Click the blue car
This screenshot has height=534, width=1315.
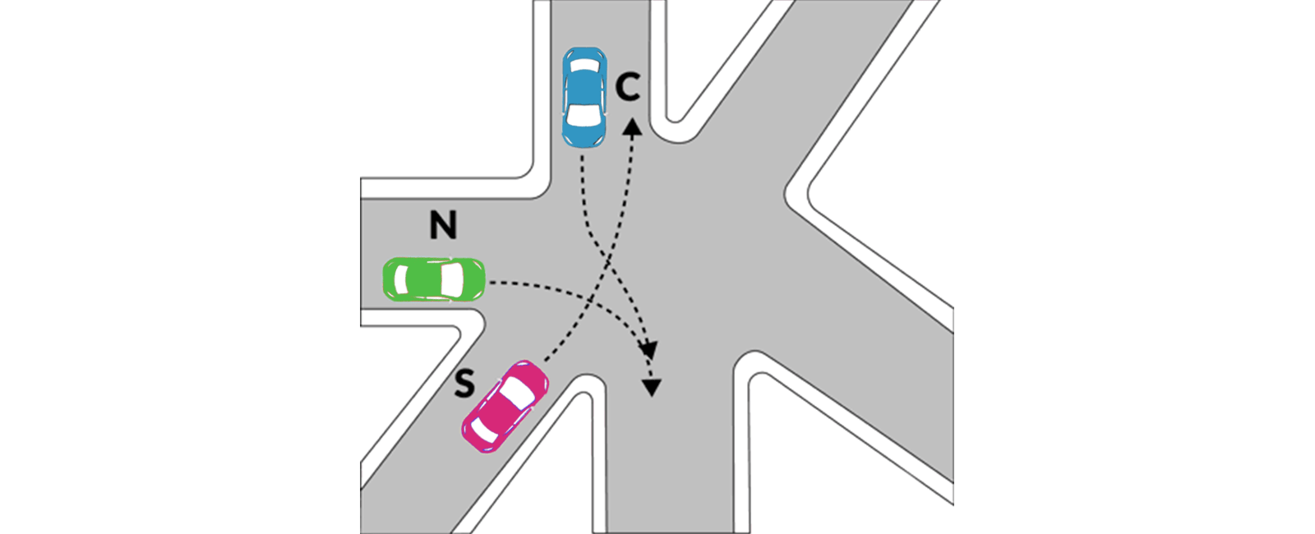click(584, 97)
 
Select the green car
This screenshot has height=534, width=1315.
click(434, 279)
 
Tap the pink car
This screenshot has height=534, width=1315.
click(505, 406)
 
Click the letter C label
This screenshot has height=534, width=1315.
click(628, 88)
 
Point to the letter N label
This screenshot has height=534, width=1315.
click(443, 225)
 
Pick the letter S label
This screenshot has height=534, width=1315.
click(464, 384)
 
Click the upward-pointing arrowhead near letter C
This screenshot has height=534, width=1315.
click(632, 127)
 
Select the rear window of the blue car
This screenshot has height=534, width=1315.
click(584, 65)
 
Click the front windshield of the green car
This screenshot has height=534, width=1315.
click(452, 279)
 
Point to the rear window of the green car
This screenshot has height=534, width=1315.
click(402, 279)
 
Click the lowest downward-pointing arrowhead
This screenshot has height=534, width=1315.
click(652, 388)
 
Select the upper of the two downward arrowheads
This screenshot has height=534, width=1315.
click(648, 350)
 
